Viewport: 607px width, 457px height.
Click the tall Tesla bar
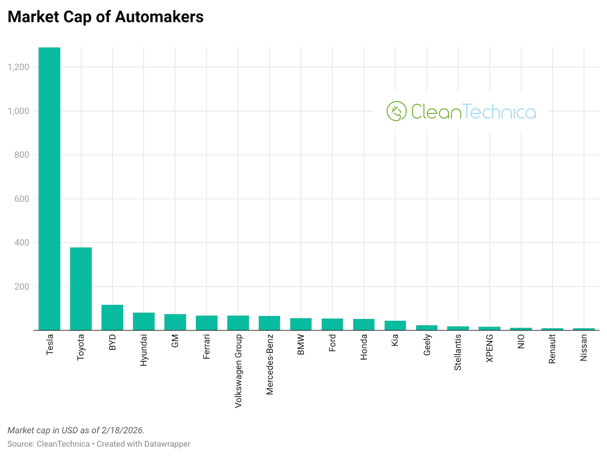(x=49, y=190)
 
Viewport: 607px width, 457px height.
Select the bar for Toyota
(x=81, y=288)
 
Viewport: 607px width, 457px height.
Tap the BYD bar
(x=112, y=317)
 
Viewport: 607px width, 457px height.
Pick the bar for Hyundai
(x=144, y=321)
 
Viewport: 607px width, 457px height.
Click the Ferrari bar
(x=207, y=323)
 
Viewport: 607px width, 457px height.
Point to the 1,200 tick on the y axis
(x=18, y=67)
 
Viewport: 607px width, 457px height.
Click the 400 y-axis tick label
(x=22, y=243)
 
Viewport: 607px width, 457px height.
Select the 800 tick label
(x=22, y=155)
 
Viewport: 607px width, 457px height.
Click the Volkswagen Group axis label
(x=238, y=371)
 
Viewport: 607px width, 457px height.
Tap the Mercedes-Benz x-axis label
(x=270, y=364)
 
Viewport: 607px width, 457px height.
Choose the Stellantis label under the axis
(x=458, y=352)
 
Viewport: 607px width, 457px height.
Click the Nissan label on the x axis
(x=584, y=347)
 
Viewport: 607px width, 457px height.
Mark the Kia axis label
(x=395, y=340)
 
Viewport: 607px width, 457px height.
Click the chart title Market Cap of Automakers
(x=105, y=17)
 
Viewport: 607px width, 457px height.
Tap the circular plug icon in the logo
(x=396, y=111)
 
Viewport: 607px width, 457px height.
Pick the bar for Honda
(x=364, y=325)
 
